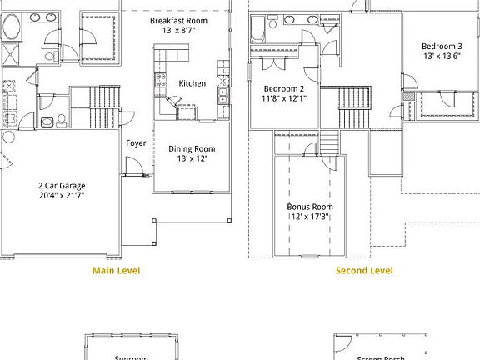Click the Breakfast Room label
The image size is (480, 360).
point(178,19)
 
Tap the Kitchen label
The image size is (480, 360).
point(192,83)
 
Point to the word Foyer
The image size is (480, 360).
point(136,143)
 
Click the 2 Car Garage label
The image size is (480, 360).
point(62,185)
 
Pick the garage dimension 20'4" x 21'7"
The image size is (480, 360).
point(62,195)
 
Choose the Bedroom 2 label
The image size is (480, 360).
point(285,88)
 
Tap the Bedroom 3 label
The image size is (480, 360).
point(442,47)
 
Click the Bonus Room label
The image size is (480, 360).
point(310,207)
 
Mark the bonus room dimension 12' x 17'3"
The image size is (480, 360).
point(310,217)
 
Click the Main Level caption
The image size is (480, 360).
point(116,270)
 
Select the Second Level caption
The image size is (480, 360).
point(364,270)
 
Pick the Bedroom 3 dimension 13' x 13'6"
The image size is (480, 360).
point(442,57)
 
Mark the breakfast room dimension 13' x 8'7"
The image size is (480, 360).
point(178,30)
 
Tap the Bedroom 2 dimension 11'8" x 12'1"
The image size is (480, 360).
point(285,98)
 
